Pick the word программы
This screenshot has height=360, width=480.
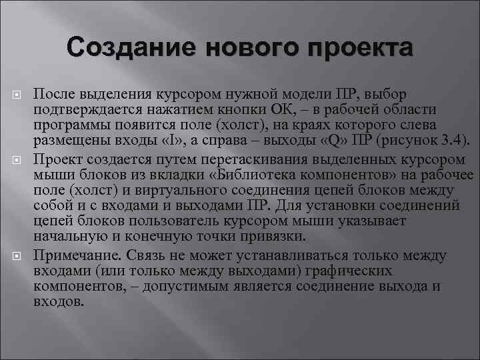(65, 125)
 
